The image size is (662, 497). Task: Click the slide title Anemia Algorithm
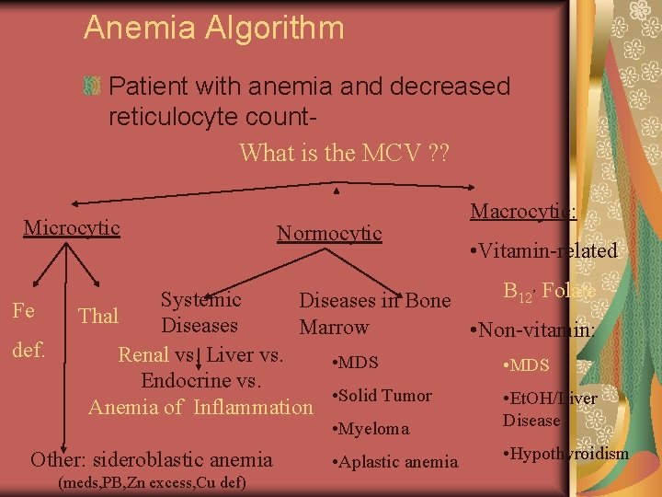[x=213, y=28]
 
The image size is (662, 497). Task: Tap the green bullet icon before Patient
[x=92, y=87]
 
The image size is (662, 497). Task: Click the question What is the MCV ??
[x=344, y=152]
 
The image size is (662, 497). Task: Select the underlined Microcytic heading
[x=72, y=227]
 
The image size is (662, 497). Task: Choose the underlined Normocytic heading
[x=329, y=233]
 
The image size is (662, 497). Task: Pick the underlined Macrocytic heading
[x=523, y=211]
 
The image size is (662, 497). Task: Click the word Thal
[x=99, y=316]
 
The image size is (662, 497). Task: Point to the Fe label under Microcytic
[x=24, y=310]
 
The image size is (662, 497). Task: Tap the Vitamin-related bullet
[x=542, y=251]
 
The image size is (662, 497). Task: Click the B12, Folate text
[x=548, y=293]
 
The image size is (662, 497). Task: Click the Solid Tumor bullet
[x=381, y=396]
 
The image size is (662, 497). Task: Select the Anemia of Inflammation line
[x=200, y=406]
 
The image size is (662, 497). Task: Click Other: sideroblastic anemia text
[x=152, y=459]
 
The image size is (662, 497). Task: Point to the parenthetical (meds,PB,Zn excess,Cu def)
[x=152, y=482]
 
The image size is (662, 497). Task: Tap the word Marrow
[x=334, y=327]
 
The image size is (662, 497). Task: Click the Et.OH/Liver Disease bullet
[x=549, y=409]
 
